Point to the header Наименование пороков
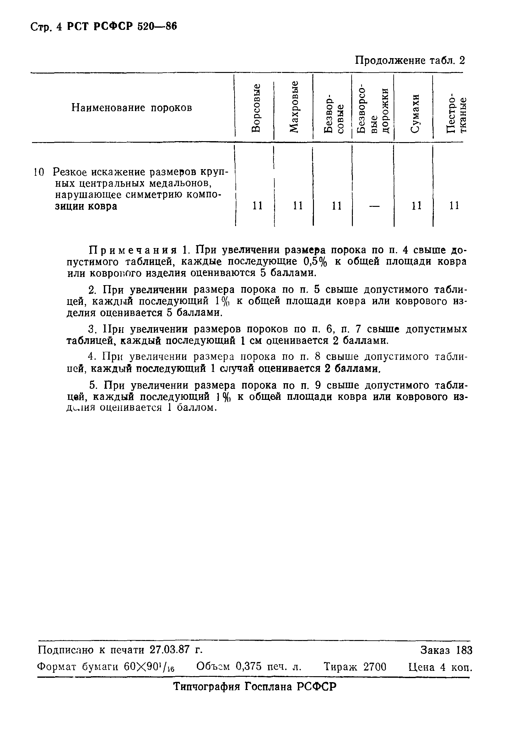(x=132, y=108)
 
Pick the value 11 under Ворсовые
(x=257, y=206)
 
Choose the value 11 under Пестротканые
(x=454, y=206)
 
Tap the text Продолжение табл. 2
(x=410, y=60)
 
